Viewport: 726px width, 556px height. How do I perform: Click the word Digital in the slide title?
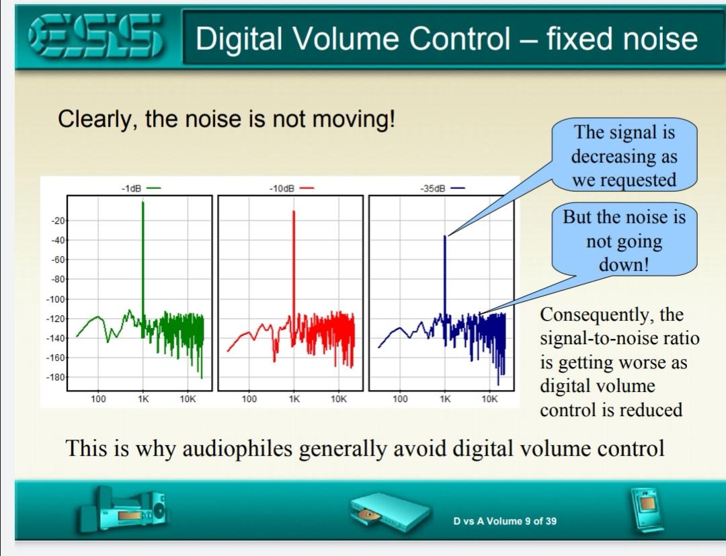239,38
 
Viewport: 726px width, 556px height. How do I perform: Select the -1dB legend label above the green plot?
131,188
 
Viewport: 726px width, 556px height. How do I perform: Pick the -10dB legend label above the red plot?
282,188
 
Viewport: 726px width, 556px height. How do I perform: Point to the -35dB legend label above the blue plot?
433,188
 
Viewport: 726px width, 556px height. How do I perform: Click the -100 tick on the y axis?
56,299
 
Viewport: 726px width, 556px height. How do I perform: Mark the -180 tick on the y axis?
56,377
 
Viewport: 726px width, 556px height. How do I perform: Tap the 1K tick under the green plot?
143,399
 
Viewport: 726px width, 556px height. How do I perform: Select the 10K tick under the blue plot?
489,399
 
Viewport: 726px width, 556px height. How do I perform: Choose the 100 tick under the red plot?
249,399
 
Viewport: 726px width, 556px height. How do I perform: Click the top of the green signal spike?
143,202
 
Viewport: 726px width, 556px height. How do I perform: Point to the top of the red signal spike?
294,211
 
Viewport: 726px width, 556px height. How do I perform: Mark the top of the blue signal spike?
445,236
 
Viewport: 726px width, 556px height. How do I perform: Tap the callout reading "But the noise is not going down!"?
624,240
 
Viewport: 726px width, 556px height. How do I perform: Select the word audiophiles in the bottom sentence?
237,448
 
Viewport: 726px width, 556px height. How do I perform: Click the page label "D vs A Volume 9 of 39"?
505,521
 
